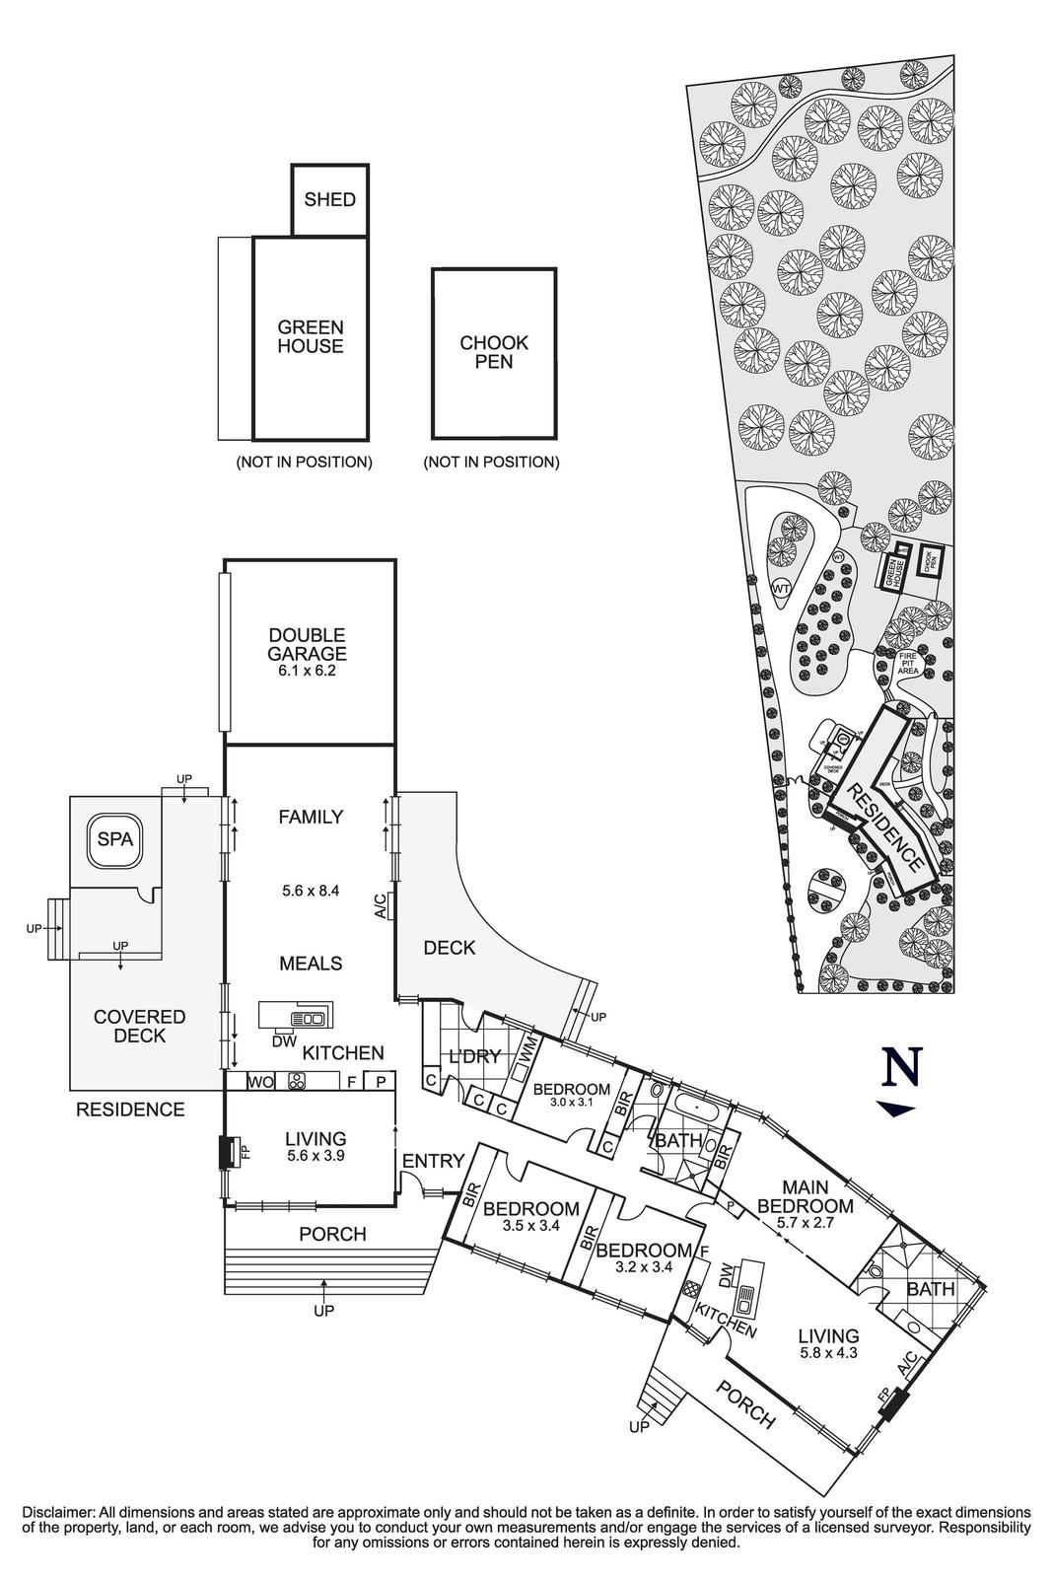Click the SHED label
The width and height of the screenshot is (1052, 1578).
(x=329, y=200)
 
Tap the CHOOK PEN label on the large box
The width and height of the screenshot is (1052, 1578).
(x=494, y=352)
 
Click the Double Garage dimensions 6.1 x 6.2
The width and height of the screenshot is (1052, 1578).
(x=308, y=671)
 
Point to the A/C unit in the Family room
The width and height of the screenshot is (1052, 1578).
(x=391, y=905)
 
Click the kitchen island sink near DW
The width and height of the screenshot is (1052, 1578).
(x=311, y=1019)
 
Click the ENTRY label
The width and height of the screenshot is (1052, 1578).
(x=433, y=1162)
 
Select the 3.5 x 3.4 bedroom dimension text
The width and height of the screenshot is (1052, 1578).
(x=530, y=1227)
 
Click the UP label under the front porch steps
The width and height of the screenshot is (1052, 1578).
(x=323, y=1311)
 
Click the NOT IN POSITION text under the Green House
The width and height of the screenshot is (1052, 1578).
(x=304, y=462)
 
